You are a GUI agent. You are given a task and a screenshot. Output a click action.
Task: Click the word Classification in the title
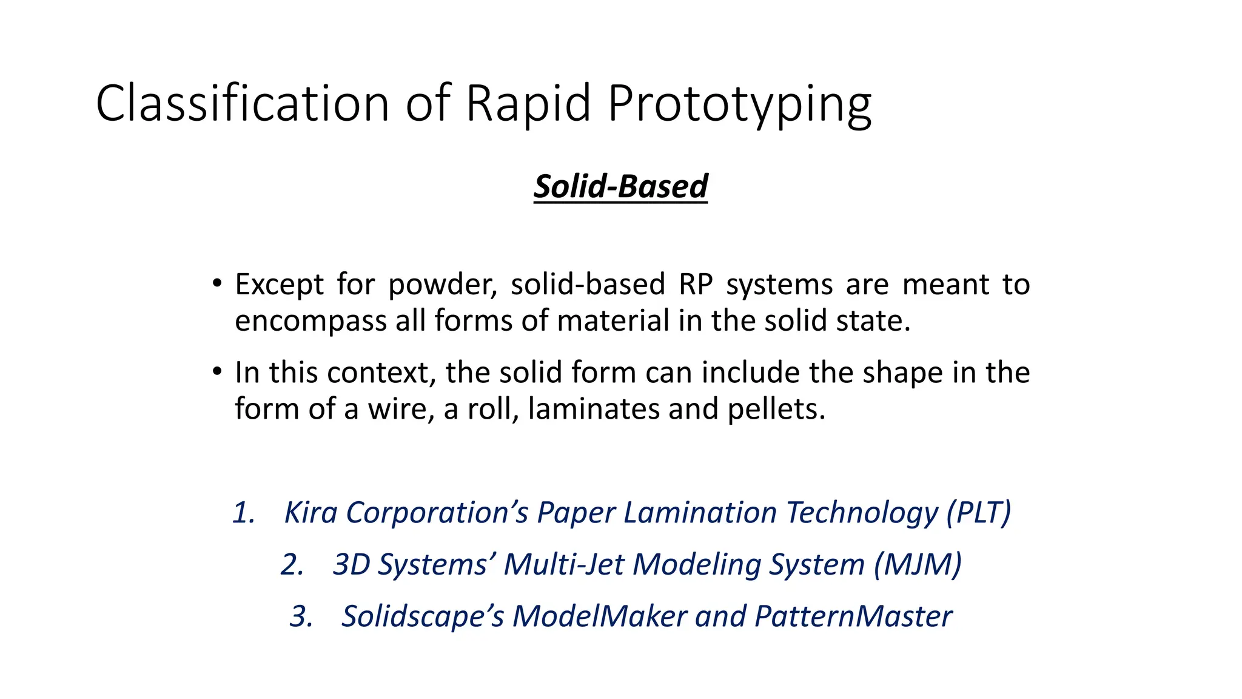click(x=242, y=103)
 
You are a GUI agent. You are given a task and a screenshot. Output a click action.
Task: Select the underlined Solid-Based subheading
click(x=620, y=186)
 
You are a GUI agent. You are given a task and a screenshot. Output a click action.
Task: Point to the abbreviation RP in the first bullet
click(x=695, y=285)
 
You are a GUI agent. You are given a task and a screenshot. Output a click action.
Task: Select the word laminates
click(x=593, y=409)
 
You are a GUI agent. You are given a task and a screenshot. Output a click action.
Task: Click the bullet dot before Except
click(x=217, y=284)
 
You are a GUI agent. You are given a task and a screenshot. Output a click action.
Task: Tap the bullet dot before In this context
click(x=217, y=372)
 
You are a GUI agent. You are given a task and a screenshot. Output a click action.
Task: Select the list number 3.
click(x=301, y=616)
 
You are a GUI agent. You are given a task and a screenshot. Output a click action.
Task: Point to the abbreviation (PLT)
click(x=979, y=513)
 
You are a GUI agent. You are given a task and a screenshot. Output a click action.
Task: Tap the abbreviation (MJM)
click(x=918, y=565)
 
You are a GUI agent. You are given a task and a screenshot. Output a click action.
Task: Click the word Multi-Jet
click(x=563, y=565)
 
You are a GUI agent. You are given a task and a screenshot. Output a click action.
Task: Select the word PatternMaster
click(x=853, y=616)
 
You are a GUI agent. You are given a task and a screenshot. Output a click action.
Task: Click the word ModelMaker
click(x=599, y=616)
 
